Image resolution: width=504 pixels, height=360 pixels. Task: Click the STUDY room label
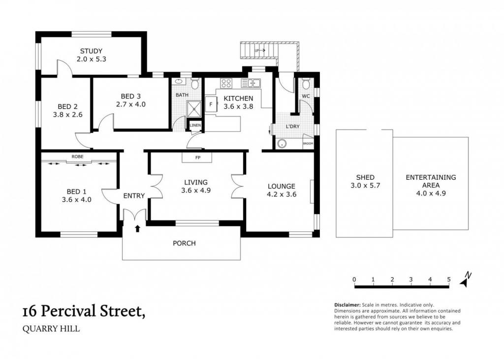tap(91, 51)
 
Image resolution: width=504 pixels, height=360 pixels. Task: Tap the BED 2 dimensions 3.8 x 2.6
tap(67, 115)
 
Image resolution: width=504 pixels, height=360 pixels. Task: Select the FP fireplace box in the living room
tap(197, 158)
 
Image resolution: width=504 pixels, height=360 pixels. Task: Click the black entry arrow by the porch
tap(138, 229)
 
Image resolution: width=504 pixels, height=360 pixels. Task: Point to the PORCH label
tap(184, 243)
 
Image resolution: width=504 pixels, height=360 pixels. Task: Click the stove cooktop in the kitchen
tap(226, 83)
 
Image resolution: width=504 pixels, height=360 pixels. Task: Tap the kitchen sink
tap(251, 83)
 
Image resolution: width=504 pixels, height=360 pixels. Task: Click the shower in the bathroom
tap(194, 109)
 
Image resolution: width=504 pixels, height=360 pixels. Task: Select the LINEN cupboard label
tap(195, 125)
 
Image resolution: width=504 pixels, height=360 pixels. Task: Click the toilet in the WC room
tap(306, 84)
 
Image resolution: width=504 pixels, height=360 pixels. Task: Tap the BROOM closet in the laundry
tap(308, 143)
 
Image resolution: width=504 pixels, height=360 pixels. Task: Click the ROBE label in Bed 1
tap(77, 157)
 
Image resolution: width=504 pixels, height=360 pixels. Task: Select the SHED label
tap(365, 177)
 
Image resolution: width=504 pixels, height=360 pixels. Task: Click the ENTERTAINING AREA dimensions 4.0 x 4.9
tap(431, 194)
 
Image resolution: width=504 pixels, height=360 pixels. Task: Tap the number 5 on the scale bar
tap(449, 279)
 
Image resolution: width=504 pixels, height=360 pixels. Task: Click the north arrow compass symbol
tap(465, 280)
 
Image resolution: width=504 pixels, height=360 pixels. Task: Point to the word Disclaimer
tap(347, 305)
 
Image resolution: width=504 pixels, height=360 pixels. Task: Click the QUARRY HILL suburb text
tap(51, 329)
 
